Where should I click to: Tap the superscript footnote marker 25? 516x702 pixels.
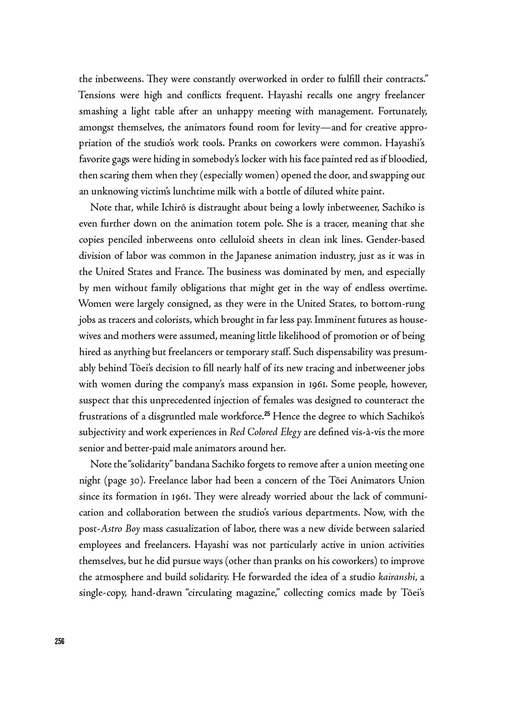click(x=267, y=414)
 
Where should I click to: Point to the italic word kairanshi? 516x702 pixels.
click(x=398, y=577)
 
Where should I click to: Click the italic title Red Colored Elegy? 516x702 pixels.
click(x=265, y=432)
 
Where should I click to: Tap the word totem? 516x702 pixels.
click(x=251, y=224)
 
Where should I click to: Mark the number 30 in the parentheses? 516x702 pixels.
click(x=135, y=481)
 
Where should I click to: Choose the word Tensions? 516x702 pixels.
click(x=97, y=95)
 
